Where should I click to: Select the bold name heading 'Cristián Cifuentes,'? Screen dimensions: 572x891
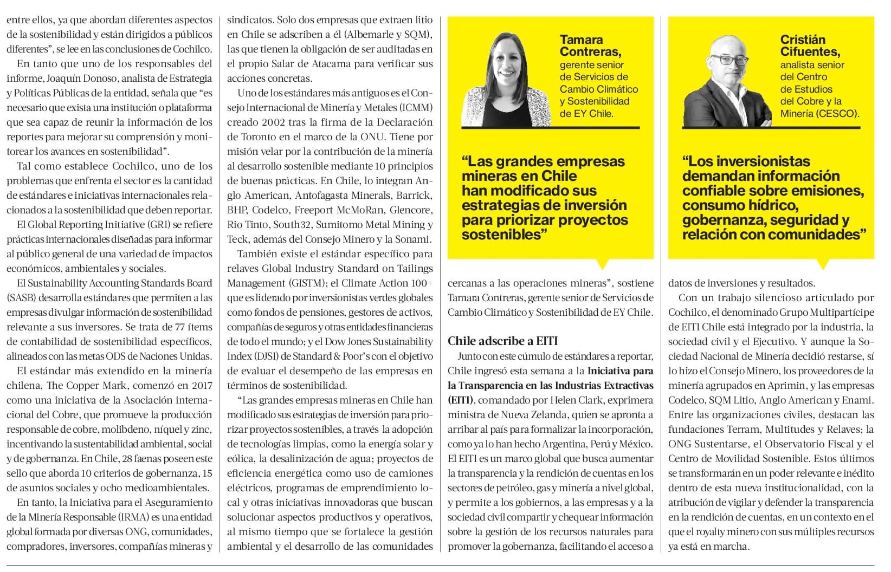point(810,45)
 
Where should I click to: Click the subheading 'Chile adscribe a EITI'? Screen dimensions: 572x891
point(502,341)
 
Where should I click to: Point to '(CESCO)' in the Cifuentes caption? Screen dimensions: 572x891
point(839,114)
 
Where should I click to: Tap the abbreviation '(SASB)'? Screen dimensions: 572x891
point(21,298)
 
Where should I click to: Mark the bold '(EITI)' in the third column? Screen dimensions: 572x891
point(460,400)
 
